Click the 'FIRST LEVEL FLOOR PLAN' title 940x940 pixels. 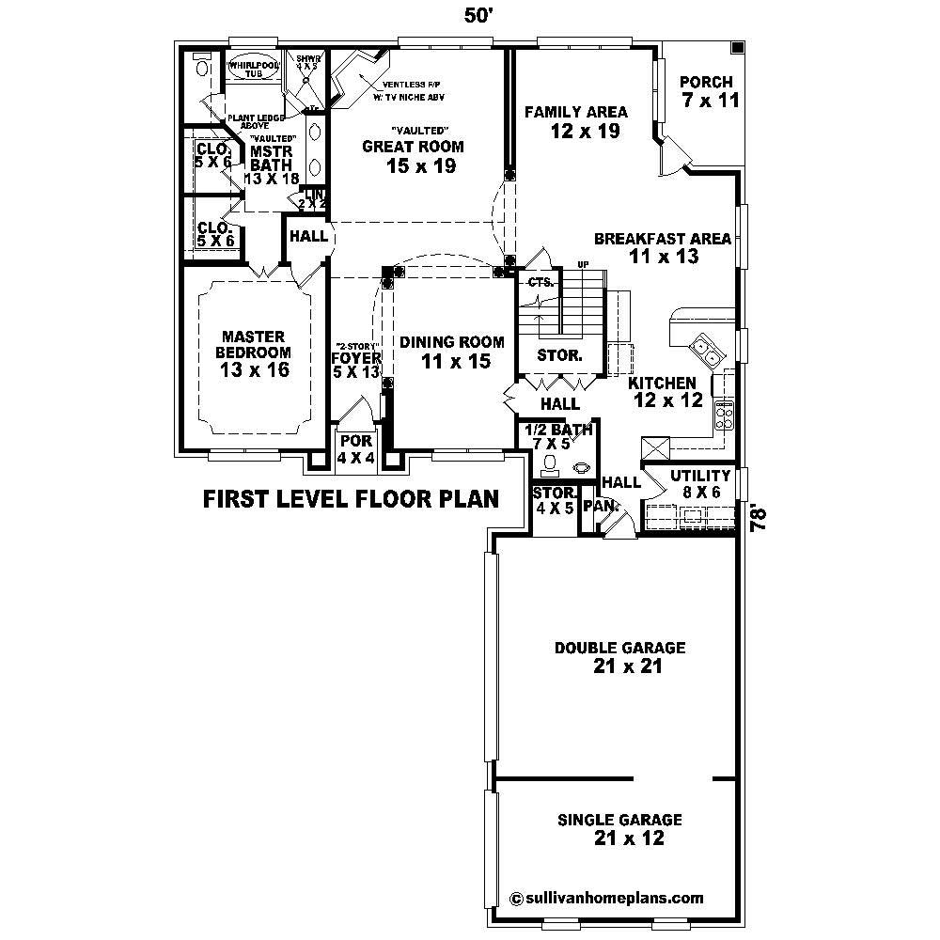[351, 498]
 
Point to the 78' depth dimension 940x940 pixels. [761, 518]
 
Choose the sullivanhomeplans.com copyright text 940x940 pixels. [606, 897]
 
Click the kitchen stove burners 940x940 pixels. [725, 412]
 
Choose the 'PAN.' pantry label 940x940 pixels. [598, 506]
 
